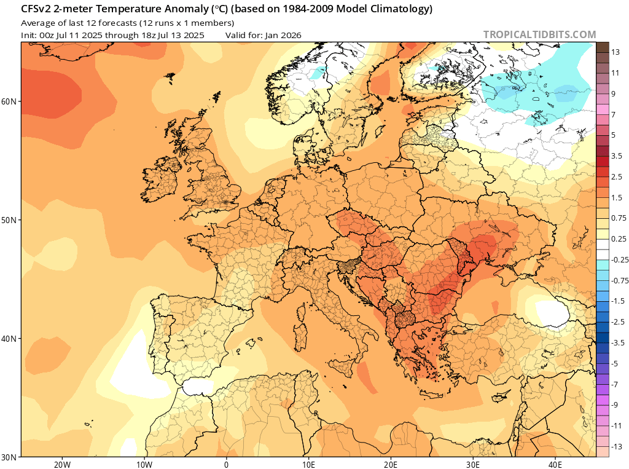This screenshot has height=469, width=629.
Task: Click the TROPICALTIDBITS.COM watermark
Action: click(539, 35)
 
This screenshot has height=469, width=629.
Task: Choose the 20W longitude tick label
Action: click(62, 465)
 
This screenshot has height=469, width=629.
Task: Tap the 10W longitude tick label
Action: click(144, 465)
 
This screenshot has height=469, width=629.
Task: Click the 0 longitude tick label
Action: click(227, 465)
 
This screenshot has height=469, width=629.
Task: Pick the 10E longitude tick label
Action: click(309, 465)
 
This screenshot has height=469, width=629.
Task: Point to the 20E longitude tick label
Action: click(391, 465)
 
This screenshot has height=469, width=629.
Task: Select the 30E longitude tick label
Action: click(473, 465)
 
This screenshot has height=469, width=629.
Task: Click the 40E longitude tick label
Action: click(555, 465)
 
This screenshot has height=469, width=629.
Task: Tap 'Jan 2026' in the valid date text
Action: click(283, 35)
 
